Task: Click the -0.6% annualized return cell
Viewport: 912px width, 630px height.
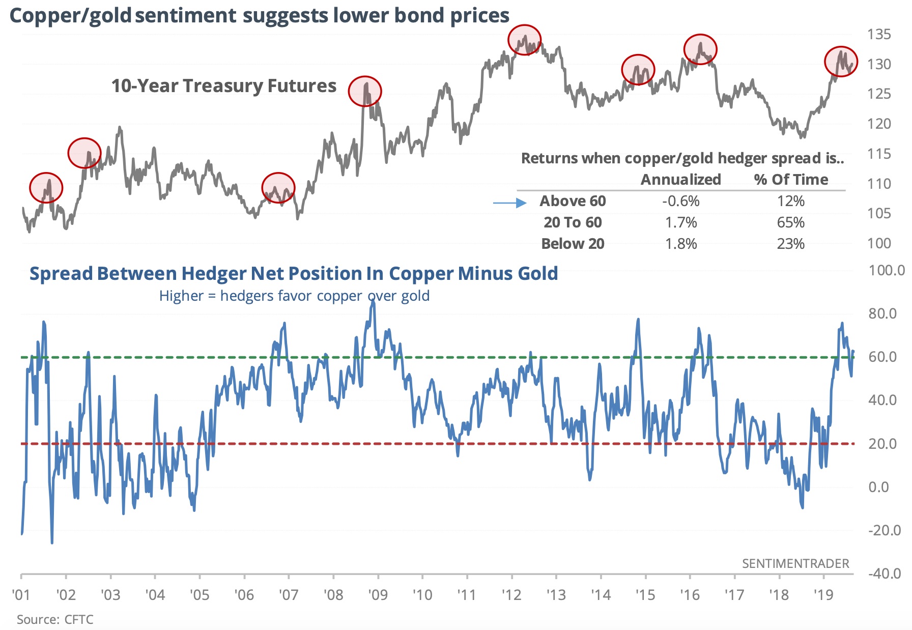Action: tap(680, 201)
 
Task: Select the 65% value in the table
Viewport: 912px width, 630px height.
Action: tap(790, 222)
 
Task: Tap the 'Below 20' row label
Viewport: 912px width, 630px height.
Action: tap(573, 244)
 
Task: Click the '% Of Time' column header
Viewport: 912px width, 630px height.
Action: tap(790, 180)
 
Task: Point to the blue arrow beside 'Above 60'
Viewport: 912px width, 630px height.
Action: tap(509, 203)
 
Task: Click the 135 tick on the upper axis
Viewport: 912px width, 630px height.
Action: tap(879, 35)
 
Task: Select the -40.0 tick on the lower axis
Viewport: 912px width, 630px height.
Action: tap(884, 574)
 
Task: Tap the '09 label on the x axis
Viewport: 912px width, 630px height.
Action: tap(378, 594)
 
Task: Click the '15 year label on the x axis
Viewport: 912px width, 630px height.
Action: tap(645, 594)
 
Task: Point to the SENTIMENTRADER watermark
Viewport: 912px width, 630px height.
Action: tap(795, 563)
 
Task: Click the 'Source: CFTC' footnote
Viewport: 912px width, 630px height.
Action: tap(55, 619)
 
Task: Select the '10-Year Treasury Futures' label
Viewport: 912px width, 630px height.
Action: tap(224, 86)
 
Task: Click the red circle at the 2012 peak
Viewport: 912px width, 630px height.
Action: tap(524, 40)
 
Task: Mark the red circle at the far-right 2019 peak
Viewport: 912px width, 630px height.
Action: tap(841, 61)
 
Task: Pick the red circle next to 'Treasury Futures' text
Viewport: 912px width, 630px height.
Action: tap(365, 91)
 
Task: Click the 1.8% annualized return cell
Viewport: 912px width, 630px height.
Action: tap(680, 244)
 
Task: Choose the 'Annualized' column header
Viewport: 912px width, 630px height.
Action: tap(680, 180)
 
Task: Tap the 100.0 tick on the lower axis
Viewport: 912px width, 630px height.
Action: tap(886, 270)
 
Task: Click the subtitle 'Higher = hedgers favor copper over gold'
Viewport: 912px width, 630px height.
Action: tap(294, 296)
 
